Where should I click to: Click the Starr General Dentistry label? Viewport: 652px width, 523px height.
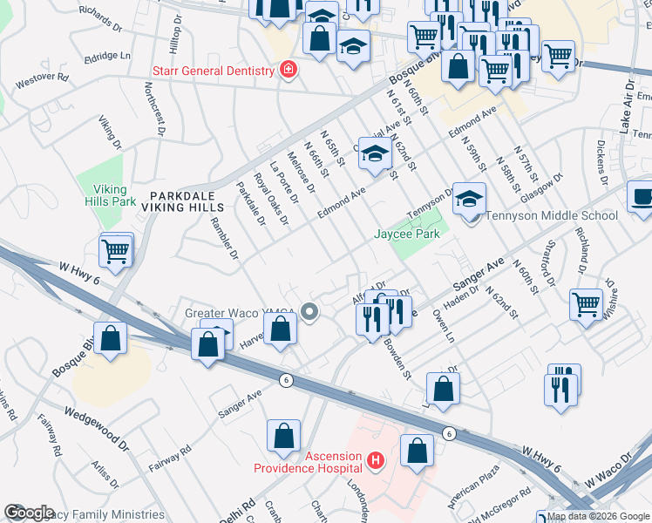tap(213, 69)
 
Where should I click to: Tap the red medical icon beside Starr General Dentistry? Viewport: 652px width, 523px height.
tap(288, 69)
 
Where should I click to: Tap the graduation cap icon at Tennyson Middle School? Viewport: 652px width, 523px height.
tap(469, 201)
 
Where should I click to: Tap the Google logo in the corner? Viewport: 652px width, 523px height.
tap(29, 512)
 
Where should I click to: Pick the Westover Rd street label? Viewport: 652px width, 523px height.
tap(40, 77)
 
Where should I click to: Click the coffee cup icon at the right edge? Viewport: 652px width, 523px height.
tap(642, 197)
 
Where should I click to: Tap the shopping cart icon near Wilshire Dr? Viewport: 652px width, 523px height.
tap(586, 304)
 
